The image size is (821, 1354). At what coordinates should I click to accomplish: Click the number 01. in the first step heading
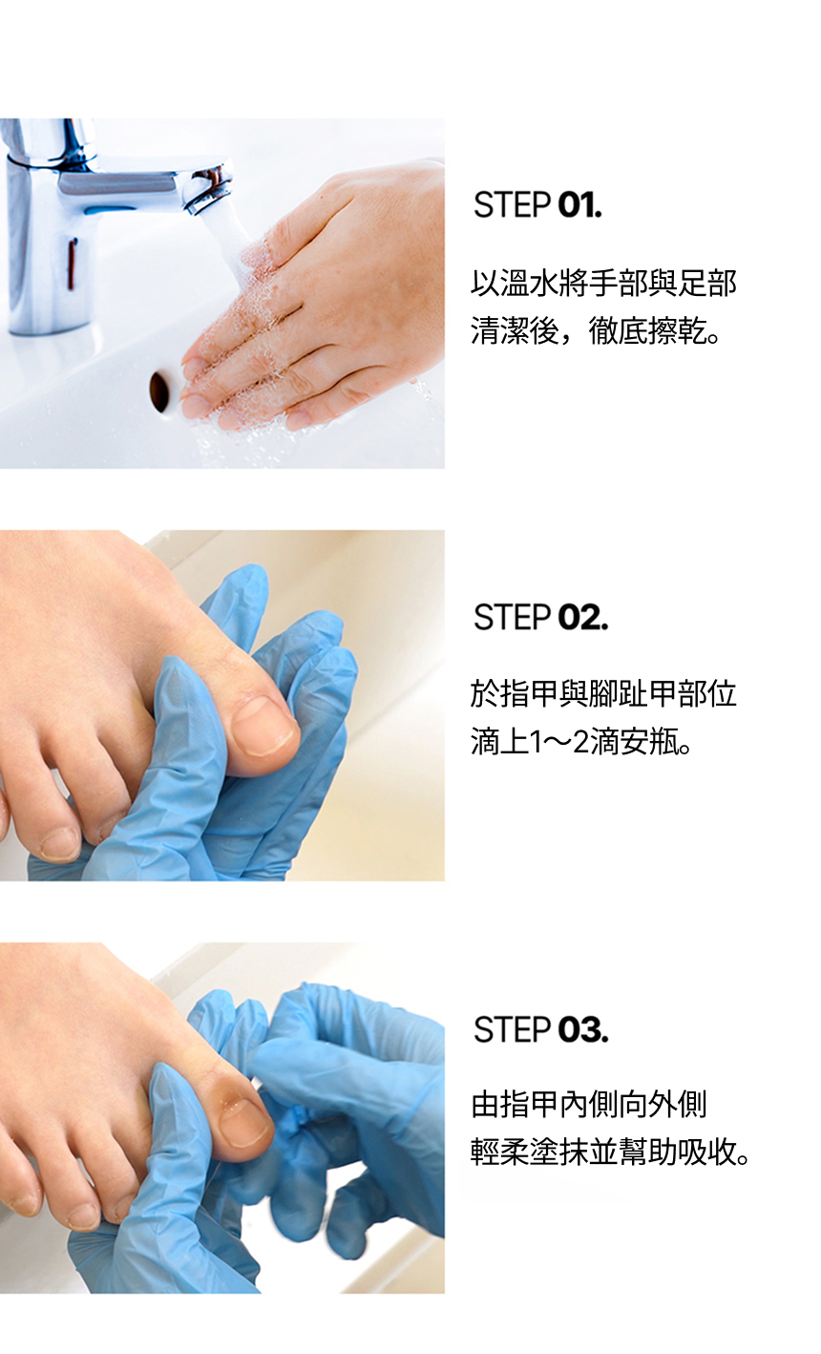click(579, 205)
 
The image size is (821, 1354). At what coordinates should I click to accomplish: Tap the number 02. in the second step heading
click(582, 618)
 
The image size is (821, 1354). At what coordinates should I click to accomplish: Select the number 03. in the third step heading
click(582, 1030)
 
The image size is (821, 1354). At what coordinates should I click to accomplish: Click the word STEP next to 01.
click(512, 205)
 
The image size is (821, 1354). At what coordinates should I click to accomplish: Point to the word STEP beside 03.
click(512, 1030)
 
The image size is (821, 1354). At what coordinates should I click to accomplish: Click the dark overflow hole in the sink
click(160, 391)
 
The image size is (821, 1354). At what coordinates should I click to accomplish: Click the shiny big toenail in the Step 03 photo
click(244, 1122)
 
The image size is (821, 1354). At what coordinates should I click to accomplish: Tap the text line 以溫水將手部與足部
click(603, 283)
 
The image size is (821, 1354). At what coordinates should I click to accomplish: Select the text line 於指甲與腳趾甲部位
click(603, 694)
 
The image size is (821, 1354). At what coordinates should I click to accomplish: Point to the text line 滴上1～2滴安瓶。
click(581, 742)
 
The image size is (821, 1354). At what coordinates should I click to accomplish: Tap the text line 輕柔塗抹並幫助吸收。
click(611, 1153)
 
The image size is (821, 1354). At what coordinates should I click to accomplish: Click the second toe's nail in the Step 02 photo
click(59, 844)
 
